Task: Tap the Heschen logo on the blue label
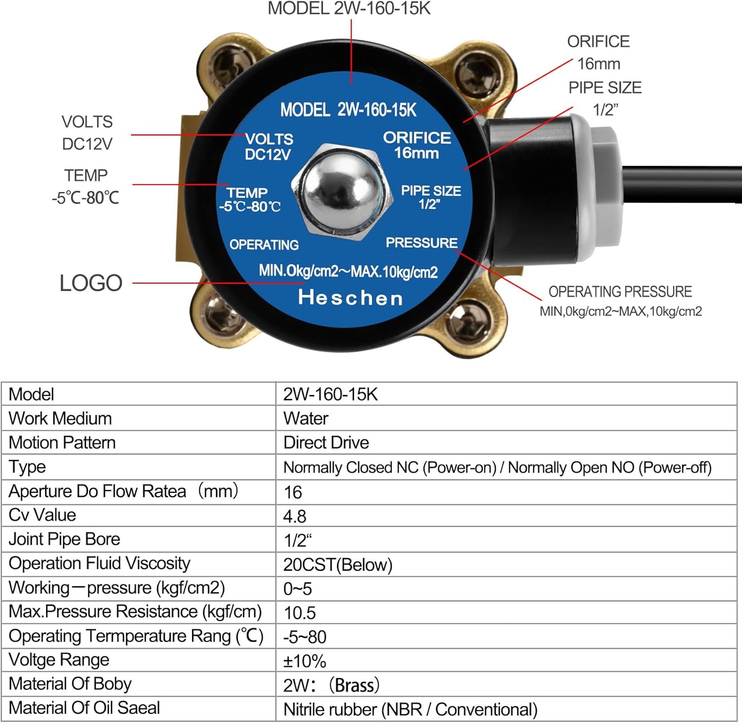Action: (x=350, y=297)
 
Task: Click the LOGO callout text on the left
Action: (x=91, y=283)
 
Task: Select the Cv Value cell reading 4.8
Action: (x=295, y=516)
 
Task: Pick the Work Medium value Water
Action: (x=306, y=419)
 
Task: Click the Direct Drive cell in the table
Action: (x=326, y=442)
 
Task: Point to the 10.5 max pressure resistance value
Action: (x=300, y=613)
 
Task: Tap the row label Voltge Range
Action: (x=59, y=660)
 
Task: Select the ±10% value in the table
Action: (x=305, y=661)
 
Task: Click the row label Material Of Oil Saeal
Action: (x=84, y=708)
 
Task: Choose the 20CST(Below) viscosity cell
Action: (x=338, y=565)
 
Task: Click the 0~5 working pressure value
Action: (x=298, y=588)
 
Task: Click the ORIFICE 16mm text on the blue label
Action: (x=417, y=145)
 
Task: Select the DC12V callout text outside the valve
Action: (x=87, y=144)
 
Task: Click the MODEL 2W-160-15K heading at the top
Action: (x=349, y=8)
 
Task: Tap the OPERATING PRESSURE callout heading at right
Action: (x=620, y=291)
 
